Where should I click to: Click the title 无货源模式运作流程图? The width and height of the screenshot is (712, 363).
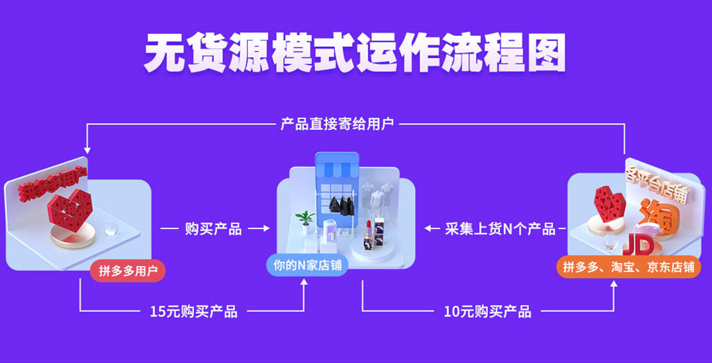point(355,53)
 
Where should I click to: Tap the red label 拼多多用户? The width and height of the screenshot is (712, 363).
point(128,271)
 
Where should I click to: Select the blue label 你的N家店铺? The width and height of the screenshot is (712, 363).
point(307,266)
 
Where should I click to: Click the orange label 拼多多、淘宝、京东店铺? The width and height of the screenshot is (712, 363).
point(629,267)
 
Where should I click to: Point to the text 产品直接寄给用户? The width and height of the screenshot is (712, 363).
point(337,124)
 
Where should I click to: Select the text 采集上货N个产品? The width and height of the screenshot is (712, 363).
point(500,229)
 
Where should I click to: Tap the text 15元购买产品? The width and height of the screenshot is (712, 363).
point(193,312)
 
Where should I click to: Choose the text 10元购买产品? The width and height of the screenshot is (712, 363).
point(487,312)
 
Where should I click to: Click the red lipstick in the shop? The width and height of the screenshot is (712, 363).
point(369,230)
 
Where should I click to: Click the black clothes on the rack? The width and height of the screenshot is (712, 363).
point(341,206)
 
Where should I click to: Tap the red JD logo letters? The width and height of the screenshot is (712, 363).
point(638,245)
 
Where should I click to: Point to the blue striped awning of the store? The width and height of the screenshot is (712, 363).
point(337,170)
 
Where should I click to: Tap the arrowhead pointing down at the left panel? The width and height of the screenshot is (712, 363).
point(87,150)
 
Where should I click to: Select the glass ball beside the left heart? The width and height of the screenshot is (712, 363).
point(111,229)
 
